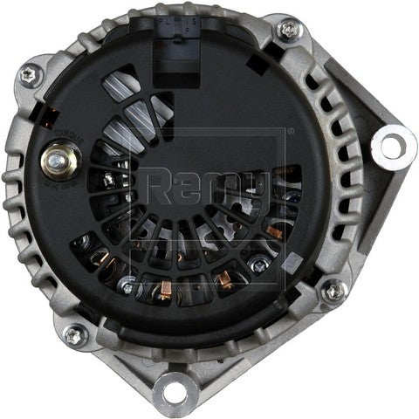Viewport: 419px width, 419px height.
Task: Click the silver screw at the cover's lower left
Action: pos(127,284)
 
